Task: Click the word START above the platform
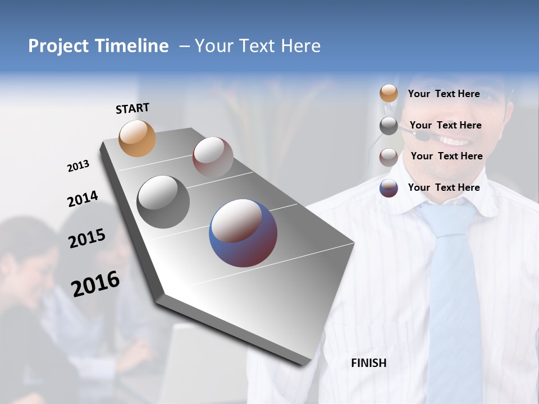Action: pos(133,108)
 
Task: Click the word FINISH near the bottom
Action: pos(369,363)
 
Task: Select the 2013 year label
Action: pos(78,166)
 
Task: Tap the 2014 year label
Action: pos(83,199)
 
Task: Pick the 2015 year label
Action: pos(87,238)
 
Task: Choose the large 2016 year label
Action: pos(95,283)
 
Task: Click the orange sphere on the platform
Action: pos(138,138)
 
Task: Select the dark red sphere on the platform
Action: pos(213,157)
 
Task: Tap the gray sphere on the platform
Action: pos(163,201)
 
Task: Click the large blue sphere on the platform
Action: pos(243,232)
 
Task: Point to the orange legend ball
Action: pos(389,94)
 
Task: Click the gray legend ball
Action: pos(389,126)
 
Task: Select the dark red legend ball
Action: pos(389,157)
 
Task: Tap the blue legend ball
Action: pos(389,188)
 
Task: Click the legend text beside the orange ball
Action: pos(444,94)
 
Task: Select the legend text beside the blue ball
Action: pos(444,187)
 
